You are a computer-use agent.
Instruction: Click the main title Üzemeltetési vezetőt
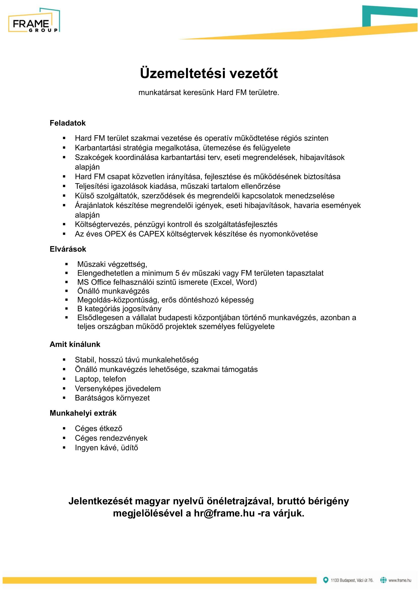(209, 73)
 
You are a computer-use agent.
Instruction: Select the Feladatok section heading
(67, 123)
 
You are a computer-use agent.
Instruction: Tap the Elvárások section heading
(68, 249)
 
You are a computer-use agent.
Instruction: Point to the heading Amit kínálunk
(75, 344)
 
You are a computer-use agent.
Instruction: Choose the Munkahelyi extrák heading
(83, 413)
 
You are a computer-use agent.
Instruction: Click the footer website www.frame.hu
(400, 580)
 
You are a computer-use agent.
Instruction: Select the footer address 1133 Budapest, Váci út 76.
(352, 580)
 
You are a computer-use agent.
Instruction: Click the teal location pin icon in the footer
(326, 580)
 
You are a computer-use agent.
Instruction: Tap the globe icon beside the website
(383, 580)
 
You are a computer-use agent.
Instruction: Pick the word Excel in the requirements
(223, 282)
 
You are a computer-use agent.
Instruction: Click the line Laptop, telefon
(100, 379)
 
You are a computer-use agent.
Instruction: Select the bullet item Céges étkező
(98, 429)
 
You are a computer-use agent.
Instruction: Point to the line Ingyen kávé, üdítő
(106, 448)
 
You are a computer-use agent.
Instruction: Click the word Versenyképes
(97, 388)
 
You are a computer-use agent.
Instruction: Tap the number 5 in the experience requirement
(177, 273)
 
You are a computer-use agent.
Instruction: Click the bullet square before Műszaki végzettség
(66, 264)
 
